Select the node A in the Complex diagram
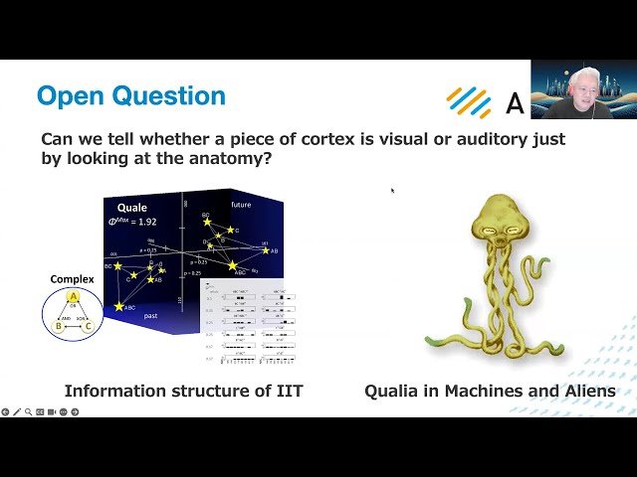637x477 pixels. (73, 297)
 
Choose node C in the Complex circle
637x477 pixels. (88, 325)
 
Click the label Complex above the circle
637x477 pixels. (72, 279)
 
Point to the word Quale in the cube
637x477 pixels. (132, 208)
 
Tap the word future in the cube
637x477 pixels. (242, 205)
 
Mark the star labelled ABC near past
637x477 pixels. (119, 307)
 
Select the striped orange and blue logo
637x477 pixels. (469, 101)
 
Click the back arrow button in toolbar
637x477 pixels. (6, 411)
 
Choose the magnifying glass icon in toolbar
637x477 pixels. (28, 411)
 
